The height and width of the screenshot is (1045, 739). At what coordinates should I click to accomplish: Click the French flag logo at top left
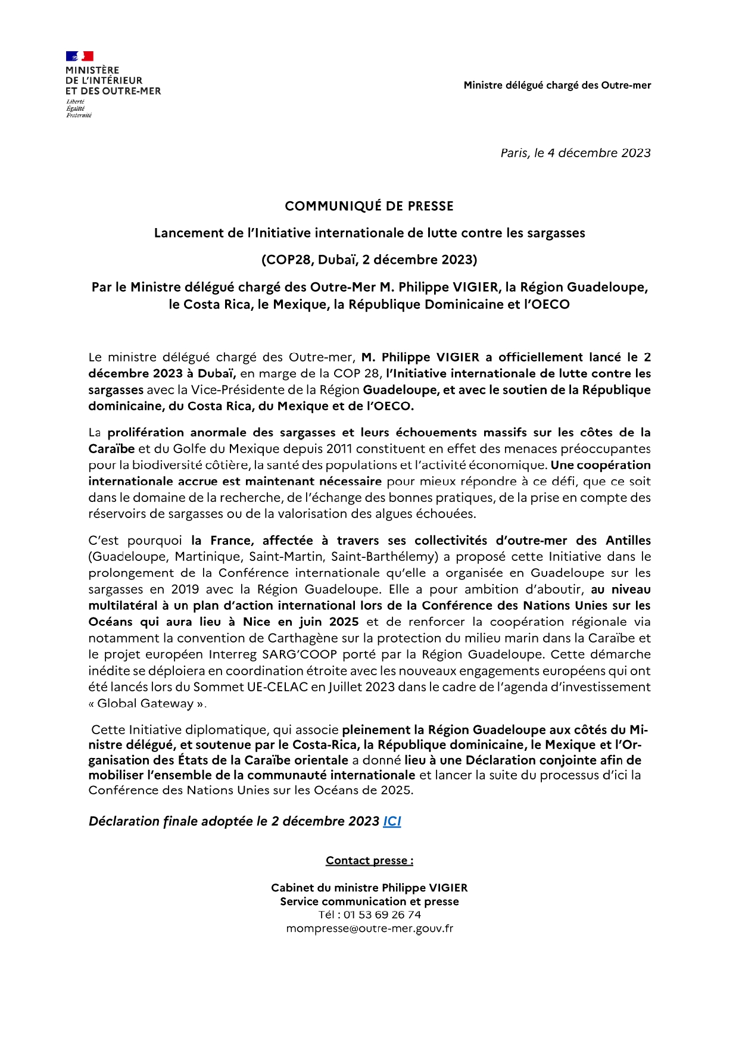[79, 57]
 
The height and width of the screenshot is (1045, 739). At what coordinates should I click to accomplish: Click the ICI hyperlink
[392, 821]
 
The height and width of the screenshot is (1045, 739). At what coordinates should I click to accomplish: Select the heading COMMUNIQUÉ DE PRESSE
[369, 206]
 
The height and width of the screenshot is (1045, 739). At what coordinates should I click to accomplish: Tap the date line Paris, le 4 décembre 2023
[575, 153]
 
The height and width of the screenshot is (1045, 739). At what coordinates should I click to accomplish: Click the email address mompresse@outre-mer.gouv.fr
[369, 928]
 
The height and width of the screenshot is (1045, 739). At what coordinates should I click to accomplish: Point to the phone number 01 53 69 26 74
[382, 915]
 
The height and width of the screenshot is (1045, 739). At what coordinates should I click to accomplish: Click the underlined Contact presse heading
[369, 860]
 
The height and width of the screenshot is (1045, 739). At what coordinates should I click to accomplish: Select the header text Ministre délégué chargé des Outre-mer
[557, 85]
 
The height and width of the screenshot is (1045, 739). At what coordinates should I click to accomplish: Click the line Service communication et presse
[369, 901]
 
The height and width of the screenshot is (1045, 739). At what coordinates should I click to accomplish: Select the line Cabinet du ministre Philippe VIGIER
[369, 888]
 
